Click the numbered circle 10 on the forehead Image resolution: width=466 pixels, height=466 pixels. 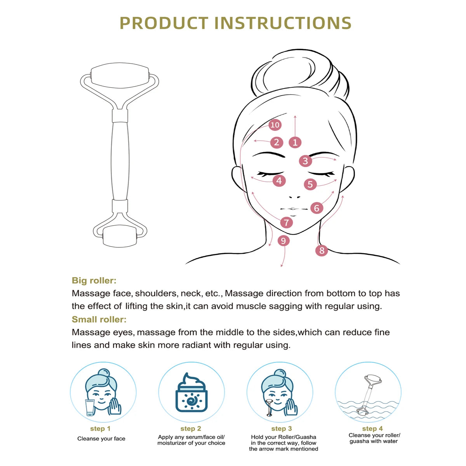pos(275,125)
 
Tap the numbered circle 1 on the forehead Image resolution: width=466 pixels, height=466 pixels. pos(295,143)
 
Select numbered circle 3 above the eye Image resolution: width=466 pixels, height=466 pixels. pos(305,161)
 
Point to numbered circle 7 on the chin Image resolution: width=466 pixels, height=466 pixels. pos(287,223)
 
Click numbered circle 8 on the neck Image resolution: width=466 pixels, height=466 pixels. pos(322,250)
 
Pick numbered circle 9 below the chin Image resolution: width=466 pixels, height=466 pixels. pos(283,241)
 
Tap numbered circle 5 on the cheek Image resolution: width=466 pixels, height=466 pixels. pos(310,184)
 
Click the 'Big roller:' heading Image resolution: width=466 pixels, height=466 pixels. pos(94,280)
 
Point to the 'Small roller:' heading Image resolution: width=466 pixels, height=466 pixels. pos(99,320)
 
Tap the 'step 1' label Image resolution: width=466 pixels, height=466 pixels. pos(100,429)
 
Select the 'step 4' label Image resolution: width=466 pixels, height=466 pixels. pos(372,429)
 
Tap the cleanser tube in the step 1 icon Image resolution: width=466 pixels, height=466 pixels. pos(90,408)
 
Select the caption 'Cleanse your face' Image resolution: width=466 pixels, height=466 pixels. pos(101,439)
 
